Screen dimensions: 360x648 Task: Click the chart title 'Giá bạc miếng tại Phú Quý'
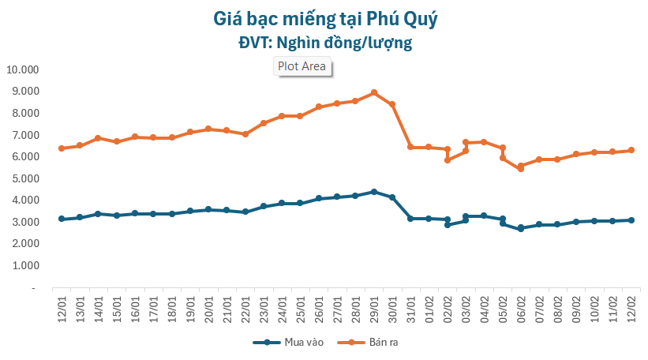325,17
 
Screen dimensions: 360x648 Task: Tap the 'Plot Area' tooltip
302,66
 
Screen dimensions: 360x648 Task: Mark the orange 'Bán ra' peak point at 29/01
374,92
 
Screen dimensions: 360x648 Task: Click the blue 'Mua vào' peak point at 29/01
374,192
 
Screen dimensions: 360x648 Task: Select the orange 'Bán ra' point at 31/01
410,147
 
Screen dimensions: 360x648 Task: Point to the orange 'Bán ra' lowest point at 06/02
521,168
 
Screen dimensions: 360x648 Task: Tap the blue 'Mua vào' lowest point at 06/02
521,228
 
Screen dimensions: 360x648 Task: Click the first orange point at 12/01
62,148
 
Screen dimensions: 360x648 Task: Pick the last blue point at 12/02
631,220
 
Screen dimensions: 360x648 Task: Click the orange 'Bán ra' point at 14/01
98,138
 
